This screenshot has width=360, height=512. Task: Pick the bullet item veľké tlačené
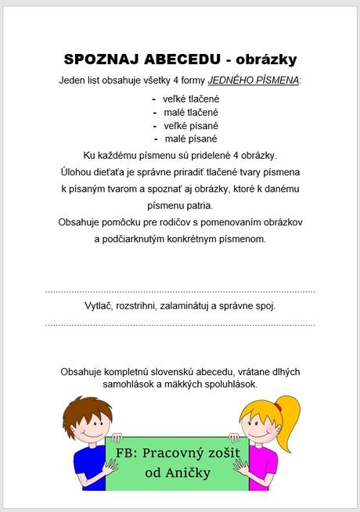(x=190, y=99)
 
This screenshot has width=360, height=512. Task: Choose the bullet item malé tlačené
(x=190, y=112)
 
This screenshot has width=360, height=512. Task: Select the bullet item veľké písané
(x=190, y=125)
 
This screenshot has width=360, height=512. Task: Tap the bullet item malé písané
(x=190, y=139)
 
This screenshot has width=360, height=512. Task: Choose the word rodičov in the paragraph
(x=189, y=222)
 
